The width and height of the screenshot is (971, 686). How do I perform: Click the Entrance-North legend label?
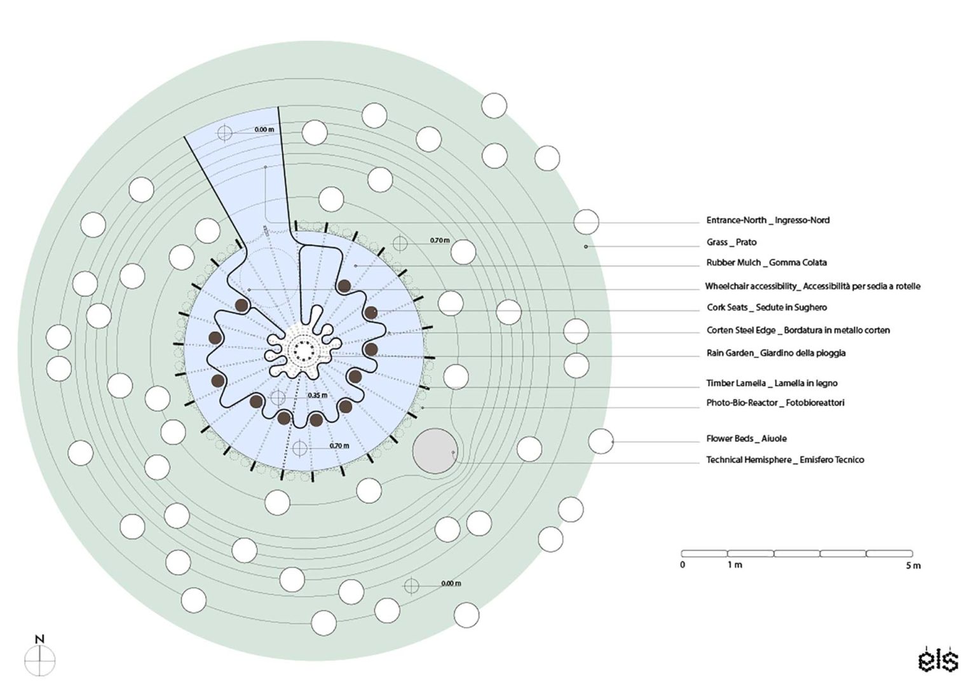(768, 220)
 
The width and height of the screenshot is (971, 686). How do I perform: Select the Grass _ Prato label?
(731, 242)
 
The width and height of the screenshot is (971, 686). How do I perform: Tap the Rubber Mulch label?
(766, 262)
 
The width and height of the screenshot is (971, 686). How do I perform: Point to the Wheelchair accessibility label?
(812, 286)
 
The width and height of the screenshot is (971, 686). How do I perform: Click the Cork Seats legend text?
(767, 307)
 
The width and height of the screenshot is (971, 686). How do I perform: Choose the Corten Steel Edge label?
(798, 330)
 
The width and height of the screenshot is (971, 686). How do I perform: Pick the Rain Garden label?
(776, 353)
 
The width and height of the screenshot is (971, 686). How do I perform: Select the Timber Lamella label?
(771, 383)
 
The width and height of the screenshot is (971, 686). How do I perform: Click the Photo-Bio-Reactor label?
(775, 403)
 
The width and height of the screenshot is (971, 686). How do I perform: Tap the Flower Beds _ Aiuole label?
(747, 438)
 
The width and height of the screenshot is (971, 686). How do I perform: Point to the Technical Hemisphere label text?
(785, 460)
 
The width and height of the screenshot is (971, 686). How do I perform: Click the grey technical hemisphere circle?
(435, 451)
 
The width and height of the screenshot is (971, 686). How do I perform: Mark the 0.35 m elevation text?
(317, 396)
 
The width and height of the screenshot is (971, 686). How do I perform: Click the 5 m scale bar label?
(913, 565)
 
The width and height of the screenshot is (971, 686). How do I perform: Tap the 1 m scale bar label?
(735, 565)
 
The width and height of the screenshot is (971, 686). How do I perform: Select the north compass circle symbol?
(40, 661)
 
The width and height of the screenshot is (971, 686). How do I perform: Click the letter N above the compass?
(40, 639)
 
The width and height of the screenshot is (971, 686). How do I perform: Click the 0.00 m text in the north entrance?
(264, 130)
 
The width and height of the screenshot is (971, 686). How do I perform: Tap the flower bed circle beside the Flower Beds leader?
(601, 441)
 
